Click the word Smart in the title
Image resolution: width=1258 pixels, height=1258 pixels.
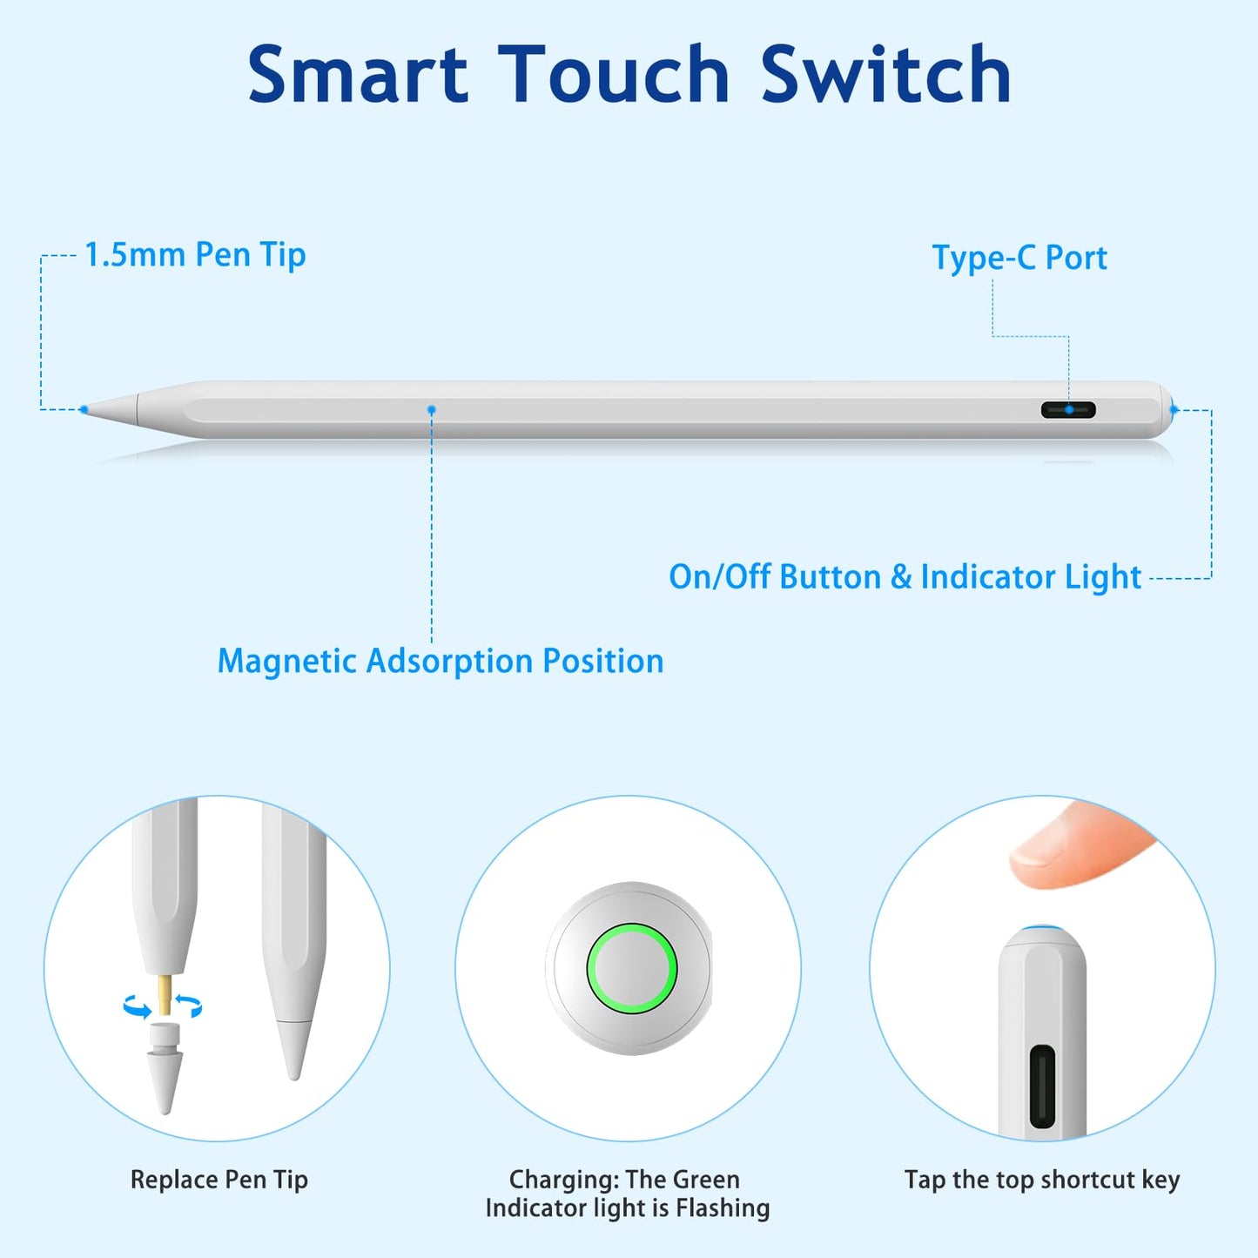click(x=358, y=73)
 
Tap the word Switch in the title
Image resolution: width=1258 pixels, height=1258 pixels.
click(x=886, y=73)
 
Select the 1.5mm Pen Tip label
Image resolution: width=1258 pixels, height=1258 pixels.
click(x=195, y=254)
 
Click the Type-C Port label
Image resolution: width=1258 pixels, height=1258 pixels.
click(x=1019, y=258)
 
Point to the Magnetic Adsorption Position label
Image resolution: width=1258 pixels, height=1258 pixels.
click(x=441, y=661)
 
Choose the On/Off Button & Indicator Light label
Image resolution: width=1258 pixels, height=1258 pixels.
click(x=905, y=577)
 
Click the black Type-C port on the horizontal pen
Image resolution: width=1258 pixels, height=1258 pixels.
click(x=1068, y=410)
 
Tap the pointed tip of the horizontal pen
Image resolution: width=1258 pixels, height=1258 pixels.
click(x=83, y=409)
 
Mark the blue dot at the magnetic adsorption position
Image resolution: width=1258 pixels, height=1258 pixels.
click(x=432, y=409)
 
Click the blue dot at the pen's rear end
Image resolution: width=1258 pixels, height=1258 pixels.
click(x=1174, y=410)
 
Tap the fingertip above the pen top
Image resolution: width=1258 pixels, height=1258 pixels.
click(x=1071, y=847)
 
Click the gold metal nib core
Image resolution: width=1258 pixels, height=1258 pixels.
click(x=165, y=994)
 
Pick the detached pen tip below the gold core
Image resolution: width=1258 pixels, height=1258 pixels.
click(x=165, y=1069)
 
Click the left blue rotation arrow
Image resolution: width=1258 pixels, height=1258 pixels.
click(x=137, y=1006)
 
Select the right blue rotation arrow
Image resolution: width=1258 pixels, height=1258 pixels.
click(x=189, y=1006)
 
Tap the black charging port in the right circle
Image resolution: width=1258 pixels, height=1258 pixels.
click(x=1042, y=1087)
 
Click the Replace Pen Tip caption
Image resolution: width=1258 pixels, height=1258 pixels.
click(x=219, y=1180)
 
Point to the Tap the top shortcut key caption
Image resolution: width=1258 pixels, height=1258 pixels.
click(x=1042, y=1180)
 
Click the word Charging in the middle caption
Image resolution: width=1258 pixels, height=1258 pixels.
click(x=563, y=1181)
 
